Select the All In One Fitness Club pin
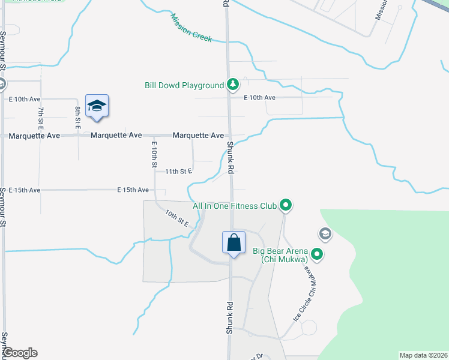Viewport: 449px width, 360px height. (286, 206)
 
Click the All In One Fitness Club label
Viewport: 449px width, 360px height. (234, 206)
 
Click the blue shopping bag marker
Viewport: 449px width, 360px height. (234, 243)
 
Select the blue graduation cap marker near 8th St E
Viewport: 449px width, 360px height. (97, 107)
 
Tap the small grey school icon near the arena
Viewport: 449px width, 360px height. (325, 233)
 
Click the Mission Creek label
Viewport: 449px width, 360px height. (191, 28)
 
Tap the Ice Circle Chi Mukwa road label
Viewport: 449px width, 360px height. (305, 295)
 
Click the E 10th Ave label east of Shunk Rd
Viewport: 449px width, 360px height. (259, 97)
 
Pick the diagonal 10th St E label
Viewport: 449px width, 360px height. (177, 218)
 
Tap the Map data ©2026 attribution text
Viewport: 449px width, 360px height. (423, 355)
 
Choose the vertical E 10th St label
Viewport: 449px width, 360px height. (154, 154)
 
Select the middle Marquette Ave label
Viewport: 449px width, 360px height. (118, 136)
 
